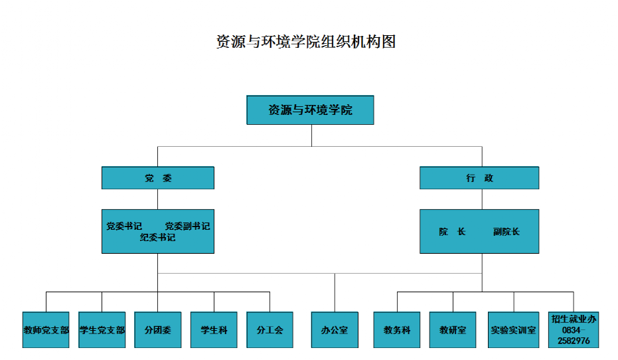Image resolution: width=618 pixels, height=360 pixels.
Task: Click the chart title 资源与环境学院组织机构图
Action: click(306, 42)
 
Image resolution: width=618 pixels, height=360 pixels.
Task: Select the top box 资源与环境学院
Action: click(310, 110)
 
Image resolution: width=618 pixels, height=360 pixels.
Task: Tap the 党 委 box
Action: click(158, 178)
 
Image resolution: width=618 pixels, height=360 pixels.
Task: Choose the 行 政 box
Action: click(479, 178)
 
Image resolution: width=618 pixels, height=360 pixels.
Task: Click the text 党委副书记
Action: click(187, 226)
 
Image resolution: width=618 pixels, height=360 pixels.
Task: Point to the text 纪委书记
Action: click(158, 237)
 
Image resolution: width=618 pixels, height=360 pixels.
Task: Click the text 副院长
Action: click(506, 232)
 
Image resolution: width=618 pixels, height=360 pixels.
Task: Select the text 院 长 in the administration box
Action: click(452, 232)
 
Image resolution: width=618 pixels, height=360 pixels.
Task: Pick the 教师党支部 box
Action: click(46, 330)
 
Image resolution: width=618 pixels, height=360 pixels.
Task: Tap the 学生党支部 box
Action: click(102, 330)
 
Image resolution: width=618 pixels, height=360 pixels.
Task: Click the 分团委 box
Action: click(158, 330)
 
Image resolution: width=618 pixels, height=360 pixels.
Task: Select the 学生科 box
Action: click(214, 330)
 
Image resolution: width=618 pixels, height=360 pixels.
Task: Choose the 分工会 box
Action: click(270, 330)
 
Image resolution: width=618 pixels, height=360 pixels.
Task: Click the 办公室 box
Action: click(335, 330)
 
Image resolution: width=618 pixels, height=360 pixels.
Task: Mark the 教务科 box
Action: click(397, 330)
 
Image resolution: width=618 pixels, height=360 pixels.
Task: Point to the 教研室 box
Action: click(453, 330)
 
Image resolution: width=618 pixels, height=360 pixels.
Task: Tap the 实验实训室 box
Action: click(514, 330)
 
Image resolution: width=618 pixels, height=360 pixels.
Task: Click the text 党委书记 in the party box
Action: click(124, 226)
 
